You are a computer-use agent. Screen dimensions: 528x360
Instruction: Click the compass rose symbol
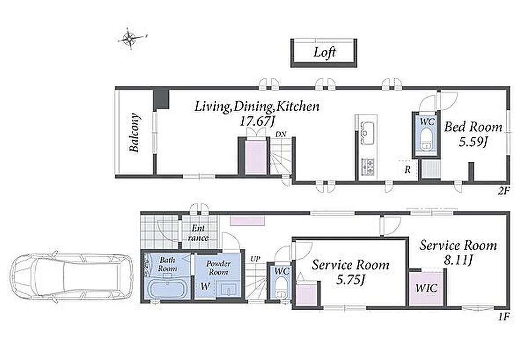click(x=130, y=38)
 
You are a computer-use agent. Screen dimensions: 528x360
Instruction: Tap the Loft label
click(x=325, y=52)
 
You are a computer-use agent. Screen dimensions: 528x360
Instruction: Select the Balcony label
click(x=135, y=133)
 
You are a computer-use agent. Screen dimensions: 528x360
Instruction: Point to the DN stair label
click(x=281, y=134)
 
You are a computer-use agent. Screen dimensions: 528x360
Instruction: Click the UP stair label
click(x=255, y=259)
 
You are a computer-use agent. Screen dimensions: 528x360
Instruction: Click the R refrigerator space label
click(x=407, y=170)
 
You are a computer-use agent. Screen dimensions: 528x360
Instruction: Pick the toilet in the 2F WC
click(x=426, y=140)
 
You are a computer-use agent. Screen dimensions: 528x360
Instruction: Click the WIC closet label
click(x=426, y=288)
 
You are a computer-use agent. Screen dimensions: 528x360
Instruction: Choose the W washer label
click(x=205, y=287)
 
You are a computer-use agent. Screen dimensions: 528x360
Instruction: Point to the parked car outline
click(x=72, y=277)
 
